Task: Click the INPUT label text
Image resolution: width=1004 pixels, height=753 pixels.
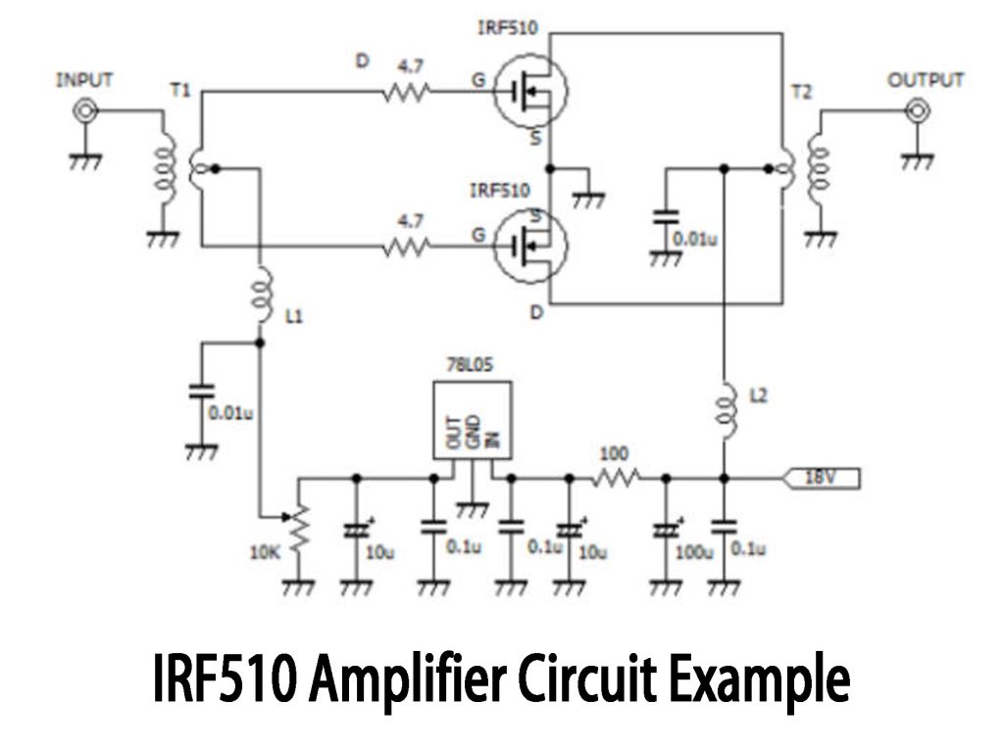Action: point(86,79)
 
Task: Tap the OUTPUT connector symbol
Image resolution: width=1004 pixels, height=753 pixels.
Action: point(917,112)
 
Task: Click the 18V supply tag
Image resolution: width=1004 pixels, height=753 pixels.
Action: point(822,478)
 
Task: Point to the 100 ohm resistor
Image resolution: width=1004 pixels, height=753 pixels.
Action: point(616,478)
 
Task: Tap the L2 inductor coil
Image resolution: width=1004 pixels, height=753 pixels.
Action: point(725,403)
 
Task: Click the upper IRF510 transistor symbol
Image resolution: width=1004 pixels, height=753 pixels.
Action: point(529,93)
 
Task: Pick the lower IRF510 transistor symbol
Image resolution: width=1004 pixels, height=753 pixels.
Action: point(529,248)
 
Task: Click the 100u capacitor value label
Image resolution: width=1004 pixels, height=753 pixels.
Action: point(692,554)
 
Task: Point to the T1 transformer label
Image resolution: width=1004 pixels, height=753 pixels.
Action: point(180,90)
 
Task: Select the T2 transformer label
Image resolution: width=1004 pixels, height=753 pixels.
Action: point(801,90)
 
